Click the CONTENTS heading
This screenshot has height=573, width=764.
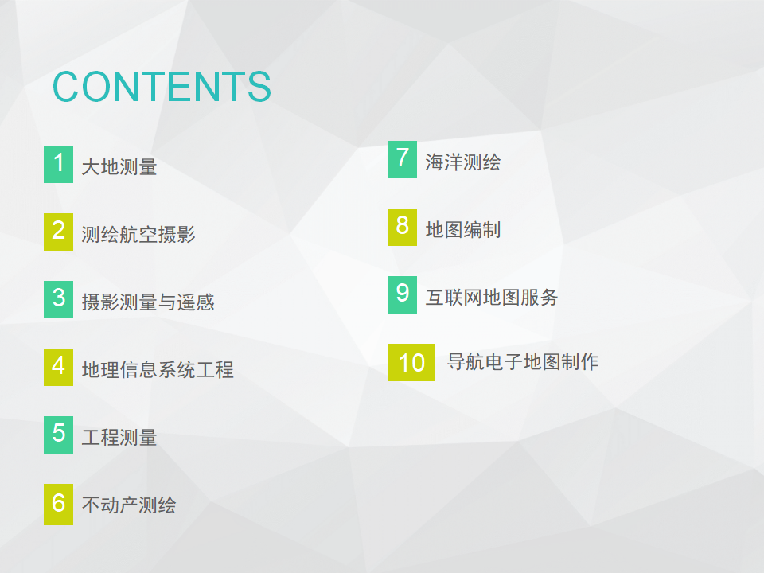[162, 87]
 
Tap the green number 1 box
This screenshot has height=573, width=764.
[58, 164]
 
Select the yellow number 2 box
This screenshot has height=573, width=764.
[58, 232]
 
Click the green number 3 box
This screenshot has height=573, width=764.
[58, 300]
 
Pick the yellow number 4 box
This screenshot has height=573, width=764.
[58, 367]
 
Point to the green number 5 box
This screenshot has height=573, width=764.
[58, 435]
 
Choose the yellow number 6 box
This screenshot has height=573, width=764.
[58, 505]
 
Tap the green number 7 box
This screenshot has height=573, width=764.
[403, 159]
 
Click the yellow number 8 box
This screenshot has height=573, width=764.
[403, 227]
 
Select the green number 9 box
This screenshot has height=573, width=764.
[403, 294]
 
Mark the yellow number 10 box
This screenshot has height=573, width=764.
[411, 363]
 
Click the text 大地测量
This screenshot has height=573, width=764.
[119, 167]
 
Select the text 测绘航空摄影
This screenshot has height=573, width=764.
[138, 234]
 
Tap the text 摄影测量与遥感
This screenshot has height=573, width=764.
[148, 302]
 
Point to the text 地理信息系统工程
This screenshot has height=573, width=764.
[158, 370]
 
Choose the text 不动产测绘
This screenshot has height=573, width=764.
[129, 505]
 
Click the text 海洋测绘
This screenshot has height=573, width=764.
[463, 162]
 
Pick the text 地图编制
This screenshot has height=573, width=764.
[463, 229]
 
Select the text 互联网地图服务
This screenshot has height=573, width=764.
[492, 297]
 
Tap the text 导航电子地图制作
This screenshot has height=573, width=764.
[523, 361]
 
